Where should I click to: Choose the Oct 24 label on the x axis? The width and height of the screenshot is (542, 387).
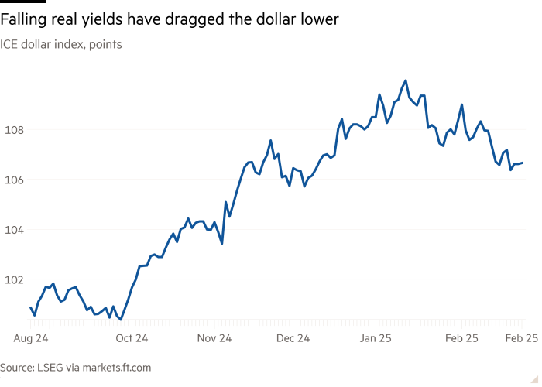(132, 337)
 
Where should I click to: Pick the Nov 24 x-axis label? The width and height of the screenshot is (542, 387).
(214, 337)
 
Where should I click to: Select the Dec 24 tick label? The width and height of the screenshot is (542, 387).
(293, 337)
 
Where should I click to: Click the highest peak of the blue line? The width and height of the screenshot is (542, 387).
(405, 80)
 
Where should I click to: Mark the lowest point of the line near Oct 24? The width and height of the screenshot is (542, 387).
(122, 319)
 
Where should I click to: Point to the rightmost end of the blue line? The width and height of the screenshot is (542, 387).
(523, 163)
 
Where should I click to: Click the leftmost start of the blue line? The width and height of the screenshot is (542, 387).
(30, 307)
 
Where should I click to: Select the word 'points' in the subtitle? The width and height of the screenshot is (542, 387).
(105, 44)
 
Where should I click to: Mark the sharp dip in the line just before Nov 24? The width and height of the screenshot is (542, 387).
(222, 244)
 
